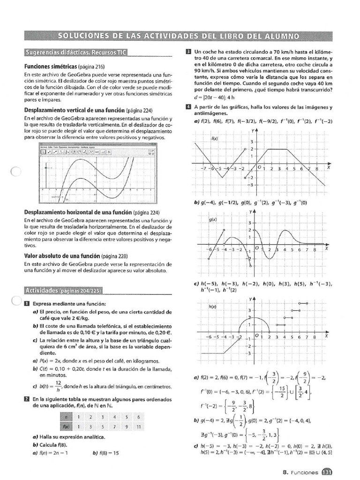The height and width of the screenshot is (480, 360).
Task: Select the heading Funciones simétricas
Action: point(51,67)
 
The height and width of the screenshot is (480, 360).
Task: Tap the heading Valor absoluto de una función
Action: point(62,256)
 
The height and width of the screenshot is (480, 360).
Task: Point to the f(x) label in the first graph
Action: point(215,138)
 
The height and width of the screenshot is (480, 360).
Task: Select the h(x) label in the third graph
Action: point(212,306)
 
